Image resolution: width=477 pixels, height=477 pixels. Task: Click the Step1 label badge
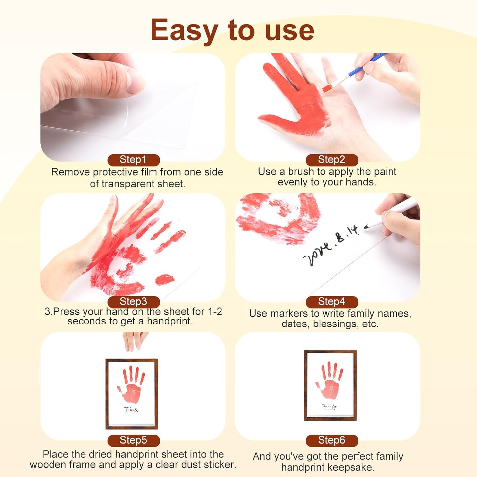(134, 160)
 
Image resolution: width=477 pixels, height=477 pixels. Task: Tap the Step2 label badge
(332, 160)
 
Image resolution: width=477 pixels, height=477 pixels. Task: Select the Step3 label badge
(134, 302)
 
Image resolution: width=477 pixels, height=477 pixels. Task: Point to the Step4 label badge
(332, 302)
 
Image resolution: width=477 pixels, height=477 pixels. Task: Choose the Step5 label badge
(134, 440)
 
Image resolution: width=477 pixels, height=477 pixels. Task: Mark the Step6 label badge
(332, 440)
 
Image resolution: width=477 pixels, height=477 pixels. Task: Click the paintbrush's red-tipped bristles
(327, 88)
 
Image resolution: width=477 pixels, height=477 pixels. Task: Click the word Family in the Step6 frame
(329, 407)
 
